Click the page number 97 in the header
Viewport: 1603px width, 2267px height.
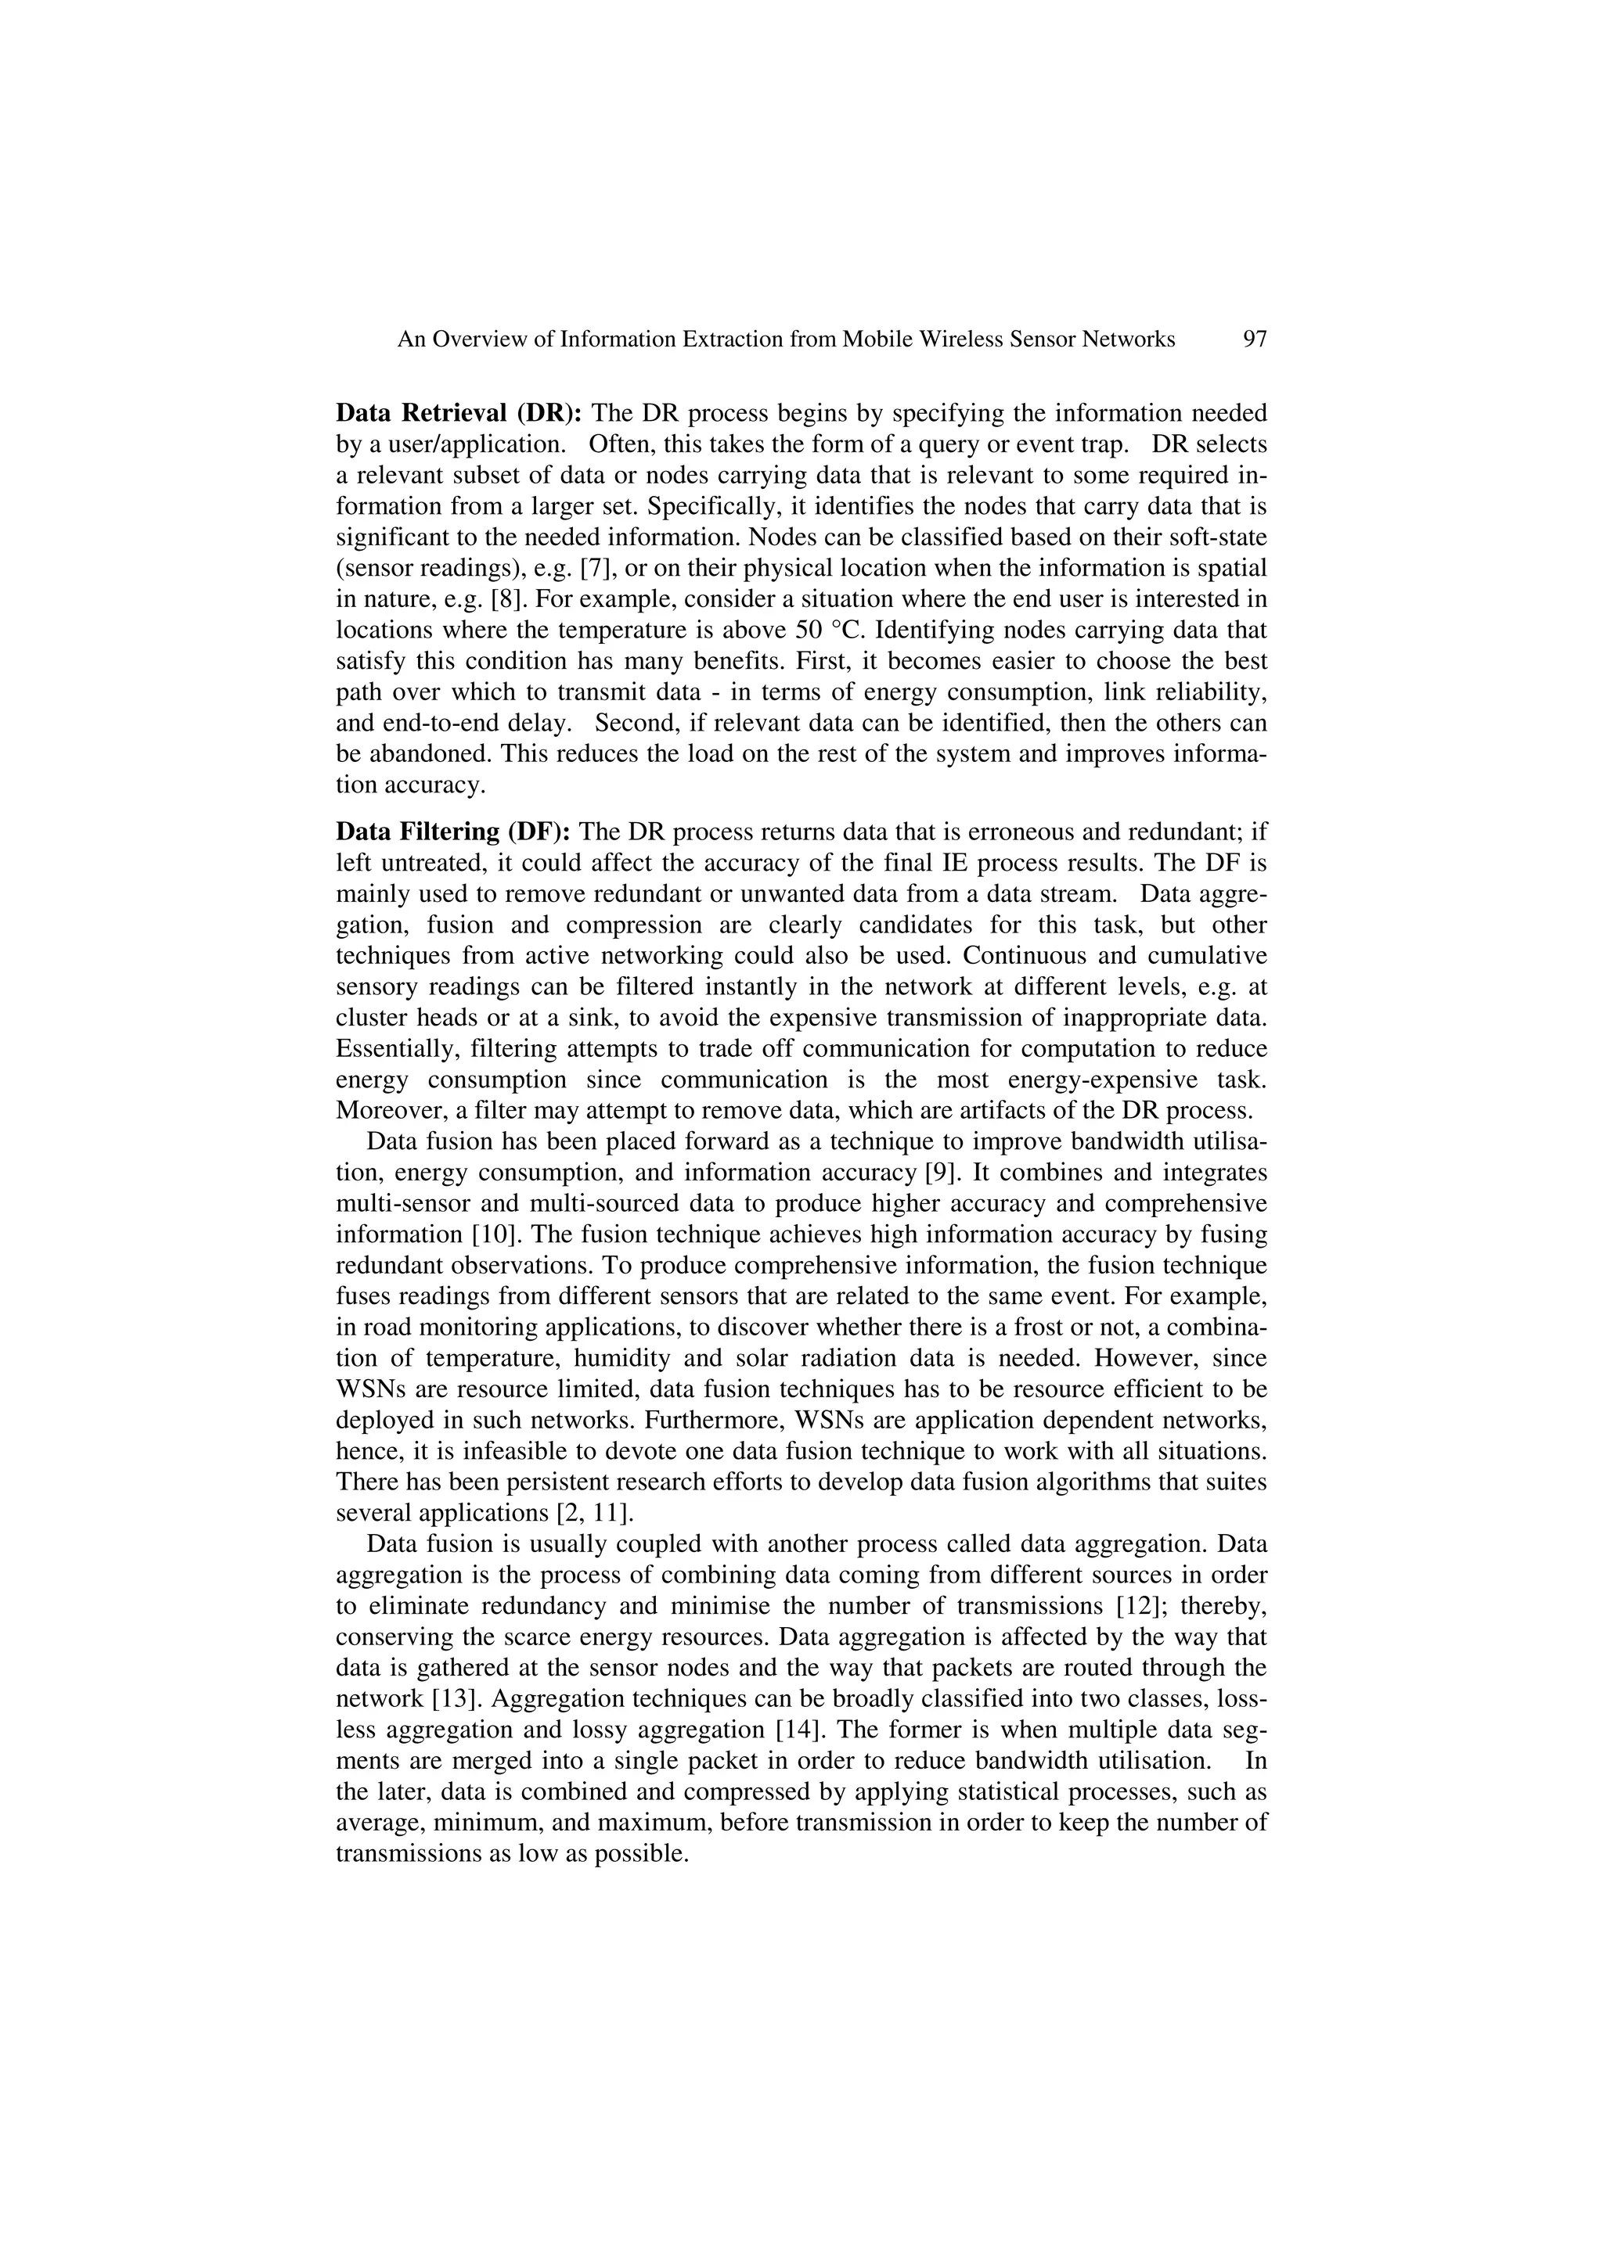(1255, 340)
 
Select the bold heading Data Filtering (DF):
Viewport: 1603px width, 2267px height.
(453, 832)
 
